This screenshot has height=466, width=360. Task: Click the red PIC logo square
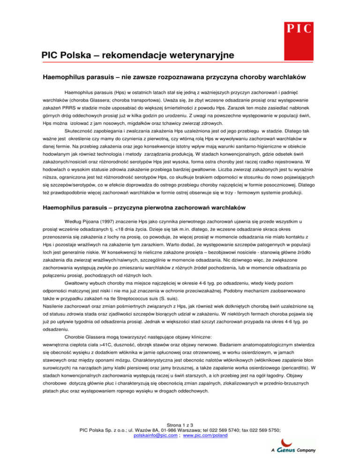[x=298, y=28]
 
